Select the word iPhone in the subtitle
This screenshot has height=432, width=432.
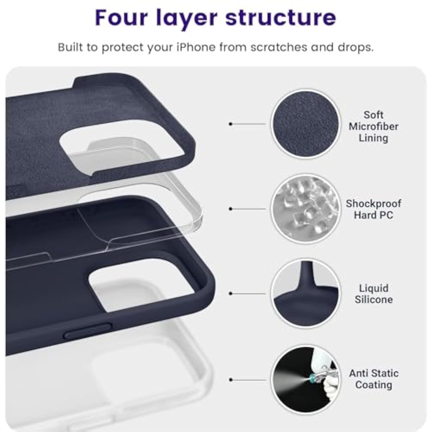coord(196,47)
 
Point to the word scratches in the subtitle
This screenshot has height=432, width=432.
coord(278,47)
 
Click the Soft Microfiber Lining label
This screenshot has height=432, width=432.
coord(373,126)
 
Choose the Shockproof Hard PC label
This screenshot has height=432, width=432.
coord(373,209)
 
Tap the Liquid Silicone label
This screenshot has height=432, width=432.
coord(373,294)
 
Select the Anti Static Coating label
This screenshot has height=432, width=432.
coord(374,379)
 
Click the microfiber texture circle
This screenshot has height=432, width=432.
coord(306,124)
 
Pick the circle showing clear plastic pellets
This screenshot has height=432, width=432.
coord(306,209)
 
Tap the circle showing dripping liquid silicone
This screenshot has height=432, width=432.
coord(306,293)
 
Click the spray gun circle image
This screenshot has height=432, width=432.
coord(306,380)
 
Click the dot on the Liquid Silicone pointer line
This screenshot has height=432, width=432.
coord(230,293)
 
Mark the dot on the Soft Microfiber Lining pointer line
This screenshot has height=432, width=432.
coord(230,124)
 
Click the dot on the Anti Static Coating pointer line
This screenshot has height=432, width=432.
coord(230,380)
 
